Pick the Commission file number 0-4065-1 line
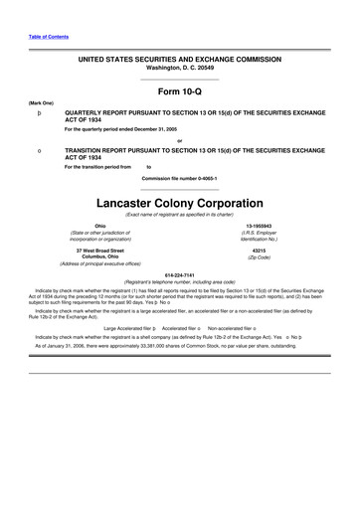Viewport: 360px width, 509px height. click(x=180, y=165)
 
